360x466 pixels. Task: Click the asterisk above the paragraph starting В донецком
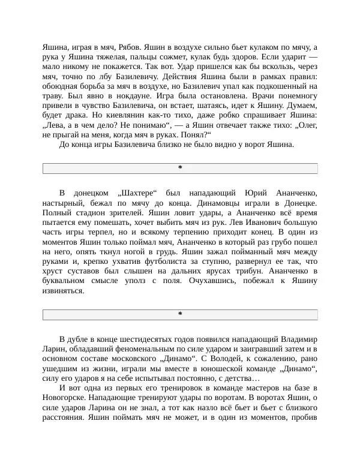(180, 168)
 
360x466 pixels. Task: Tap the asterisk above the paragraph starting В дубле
(180, 314)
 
